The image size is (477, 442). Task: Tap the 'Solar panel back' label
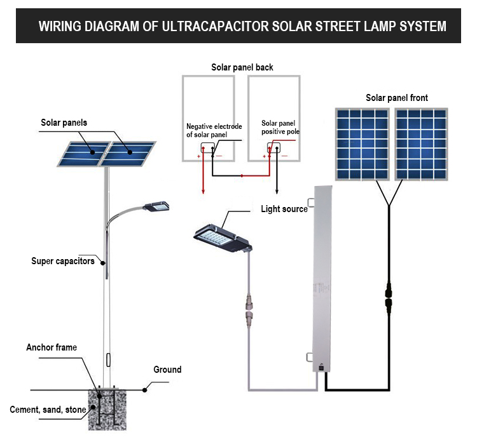(242, 67)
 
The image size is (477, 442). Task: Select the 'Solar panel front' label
(396, 98)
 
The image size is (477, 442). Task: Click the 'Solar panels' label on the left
(64, 123)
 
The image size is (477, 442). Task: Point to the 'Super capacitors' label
(63, 261)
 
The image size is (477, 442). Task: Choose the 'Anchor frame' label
(52, 347)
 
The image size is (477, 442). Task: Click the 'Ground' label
(167, 370)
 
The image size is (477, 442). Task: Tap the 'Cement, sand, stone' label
(48, 410)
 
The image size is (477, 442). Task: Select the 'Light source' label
(284, 209)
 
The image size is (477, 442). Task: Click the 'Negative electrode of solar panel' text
(214, 130)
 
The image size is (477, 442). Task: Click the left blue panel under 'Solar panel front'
(363, 144)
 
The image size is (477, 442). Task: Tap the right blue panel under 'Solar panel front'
(420, 144)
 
